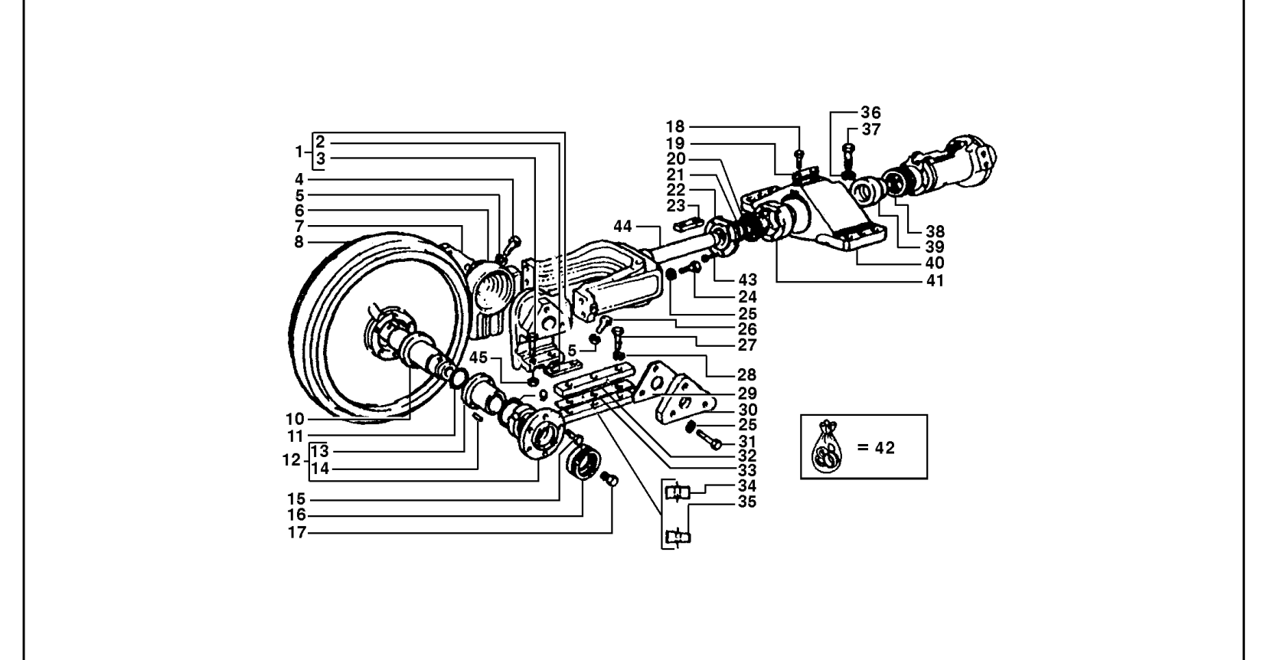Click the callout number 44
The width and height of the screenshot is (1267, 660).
click(x=622, y=227)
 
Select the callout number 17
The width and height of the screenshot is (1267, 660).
click(x=297, y=533)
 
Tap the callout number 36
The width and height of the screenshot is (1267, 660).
click(x=870, y=113)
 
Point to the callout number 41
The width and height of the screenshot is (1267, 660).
click(x=935, y=280)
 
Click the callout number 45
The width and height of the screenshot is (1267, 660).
click(x=478, y=358)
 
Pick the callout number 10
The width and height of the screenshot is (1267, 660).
click(x=296, y=420)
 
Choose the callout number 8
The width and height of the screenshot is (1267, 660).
click(x=299, y=242)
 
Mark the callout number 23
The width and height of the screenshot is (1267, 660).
click(x=675, y=205)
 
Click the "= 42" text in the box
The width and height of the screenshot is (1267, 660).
click(x=876, y=448)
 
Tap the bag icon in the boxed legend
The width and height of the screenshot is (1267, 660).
click(x=826, y=448)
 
